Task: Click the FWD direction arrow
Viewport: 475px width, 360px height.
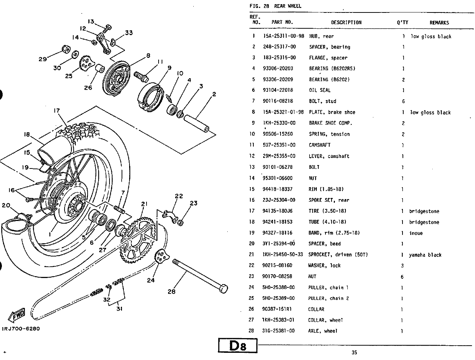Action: (x=17, y=315)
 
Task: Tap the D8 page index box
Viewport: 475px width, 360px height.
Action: (x=237, y=346)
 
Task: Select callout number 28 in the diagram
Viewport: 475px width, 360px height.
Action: (x=171, y=292)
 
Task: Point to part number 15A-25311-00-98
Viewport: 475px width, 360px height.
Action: (x=284, y=36)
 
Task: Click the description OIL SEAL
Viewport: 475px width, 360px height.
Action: (x=319, y=90)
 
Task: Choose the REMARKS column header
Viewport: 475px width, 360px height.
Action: (x=439, y=23)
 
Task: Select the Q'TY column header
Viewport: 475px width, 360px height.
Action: (x=402, y=22)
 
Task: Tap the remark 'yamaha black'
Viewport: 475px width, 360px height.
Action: (x=425, y=255)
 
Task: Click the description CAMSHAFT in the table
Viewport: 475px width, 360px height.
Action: (x=319, y=145)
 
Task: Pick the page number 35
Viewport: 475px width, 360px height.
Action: (x=354, y=352)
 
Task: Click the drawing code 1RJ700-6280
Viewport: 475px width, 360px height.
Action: (x=21, y=329)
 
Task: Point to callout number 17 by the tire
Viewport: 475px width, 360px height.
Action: (x=57, y=111)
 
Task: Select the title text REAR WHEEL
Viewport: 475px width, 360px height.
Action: (x=288, y=6)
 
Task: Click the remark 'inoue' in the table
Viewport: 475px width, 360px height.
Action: (x=416, y=233)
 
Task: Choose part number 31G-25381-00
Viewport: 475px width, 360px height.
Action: (x=278, y=331)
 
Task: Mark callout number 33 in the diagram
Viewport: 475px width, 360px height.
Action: (x=129, y=33)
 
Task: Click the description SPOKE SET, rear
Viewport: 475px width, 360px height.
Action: (x=329, y=200)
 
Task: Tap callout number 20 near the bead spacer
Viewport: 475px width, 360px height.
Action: (x=6, y=205)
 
